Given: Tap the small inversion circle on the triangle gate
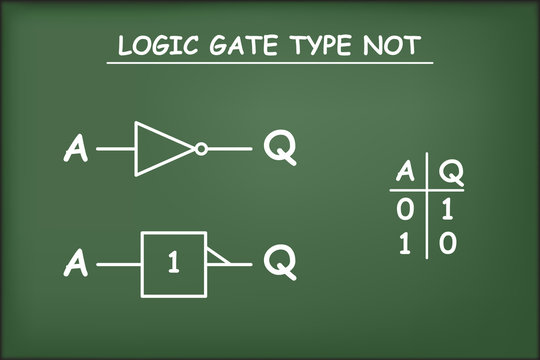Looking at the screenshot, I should (201, 149).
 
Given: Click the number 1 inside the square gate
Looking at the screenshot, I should (173, 266).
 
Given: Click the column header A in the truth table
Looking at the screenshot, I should (404, 173).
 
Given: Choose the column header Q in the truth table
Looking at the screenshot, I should (451, 173).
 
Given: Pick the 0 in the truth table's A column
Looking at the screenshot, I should (404, 211).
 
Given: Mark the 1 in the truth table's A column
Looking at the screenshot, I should (404, 243).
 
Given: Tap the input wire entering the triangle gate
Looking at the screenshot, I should (116, 149).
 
